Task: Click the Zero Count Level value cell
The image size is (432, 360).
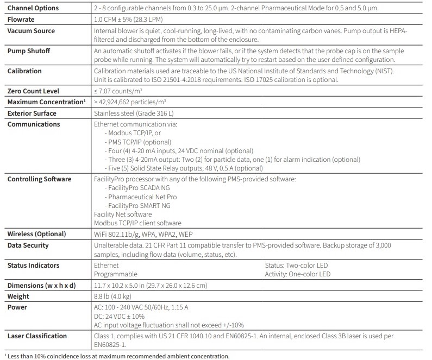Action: [125, 91]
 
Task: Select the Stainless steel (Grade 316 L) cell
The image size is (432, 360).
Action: [135, 113]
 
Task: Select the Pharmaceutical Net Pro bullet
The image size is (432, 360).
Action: [142, 197]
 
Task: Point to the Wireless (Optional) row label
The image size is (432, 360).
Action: [36, 234]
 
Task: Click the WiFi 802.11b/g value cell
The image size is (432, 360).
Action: [143, 234]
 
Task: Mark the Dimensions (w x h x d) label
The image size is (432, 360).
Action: [41, 286]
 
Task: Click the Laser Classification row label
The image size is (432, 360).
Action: [37, 336]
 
